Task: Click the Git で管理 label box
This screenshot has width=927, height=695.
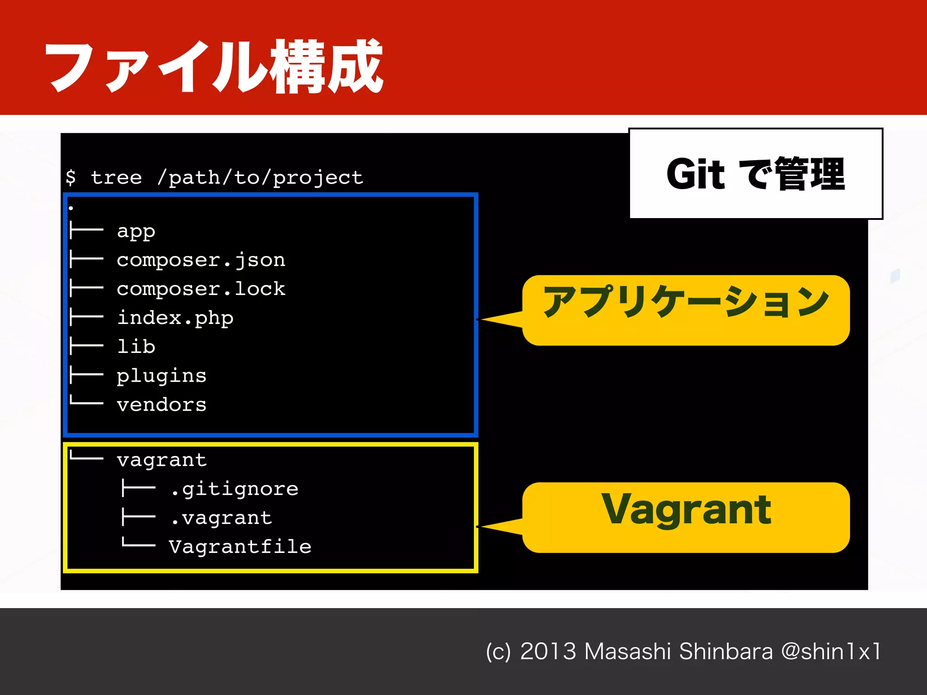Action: (755, 174)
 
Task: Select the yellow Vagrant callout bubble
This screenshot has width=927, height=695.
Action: (686, 517)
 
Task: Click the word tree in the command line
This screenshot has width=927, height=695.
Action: (116, 177)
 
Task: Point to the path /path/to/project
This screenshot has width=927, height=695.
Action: (260, 177)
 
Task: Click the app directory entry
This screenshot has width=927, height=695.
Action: (136, 231)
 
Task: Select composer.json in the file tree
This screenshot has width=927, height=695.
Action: (201, 260)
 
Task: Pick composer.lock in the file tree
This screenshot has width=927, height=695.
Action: (201, 289)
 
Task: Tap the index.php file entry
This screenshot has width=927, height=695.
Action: (175, 318)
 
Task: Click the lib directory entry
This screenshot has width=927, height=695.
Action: (136, 347)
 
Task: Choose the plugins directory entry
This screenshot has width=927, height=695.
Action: (162, 376)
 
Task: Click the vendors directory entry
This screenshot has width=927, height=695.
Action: (162, 405)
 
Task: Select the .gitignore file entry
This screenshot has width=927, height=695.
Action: (234, 489)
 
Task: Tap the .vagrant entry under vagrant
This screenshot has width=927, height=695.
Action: (221, 518)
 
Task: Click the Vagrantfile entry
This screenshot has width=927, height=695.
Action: (240, 547)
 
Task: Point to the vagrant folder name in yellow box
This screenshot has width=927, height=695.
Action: (162, 460)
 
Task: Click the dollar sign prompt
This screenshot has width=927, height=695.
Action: (71, 177)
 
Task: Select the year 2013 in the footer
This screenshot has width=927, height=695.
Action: (548, 652)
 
